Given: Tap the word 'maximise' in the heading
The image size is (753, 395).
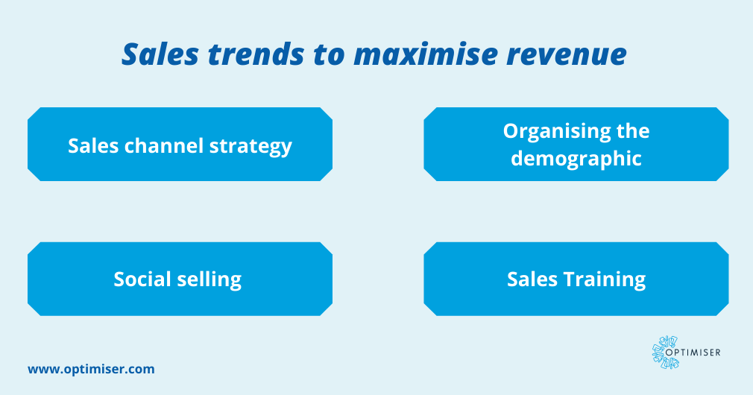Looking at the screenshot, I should point(415,56).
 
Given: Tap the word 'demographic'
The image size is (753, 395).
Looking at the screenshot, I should point(576,158).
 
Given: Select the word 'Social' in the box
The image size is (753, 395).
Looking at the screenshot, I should point(145,279).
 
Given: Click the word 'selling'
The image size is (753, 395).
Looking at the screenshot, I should point(211,280).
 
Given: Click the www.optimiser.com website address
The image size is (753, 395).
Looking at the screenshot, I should point(91,368).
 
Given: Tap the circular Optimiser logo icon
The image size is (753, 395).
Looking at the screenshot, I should point(666,352).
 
